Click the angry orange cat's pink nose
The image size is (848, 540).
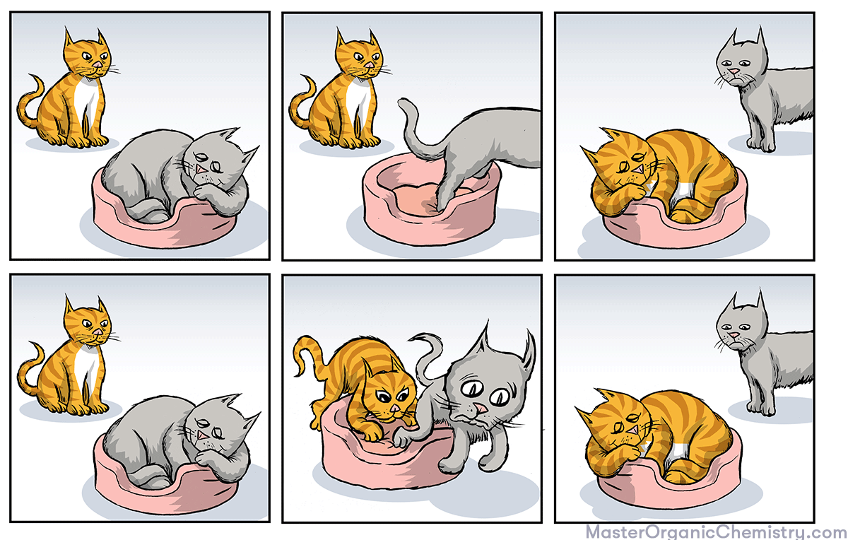click(x=394, y=408)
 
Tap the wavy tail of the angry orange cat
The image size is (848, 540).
click(x=309, y=356)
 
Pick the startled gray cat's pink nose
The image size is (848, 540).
click(x=481, y=408)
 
